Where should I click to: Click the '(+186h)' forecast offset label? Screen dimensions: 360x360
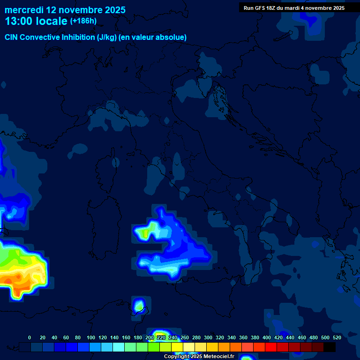[83, 21]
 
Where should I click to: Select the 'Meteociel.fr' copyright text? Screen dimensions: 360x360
[215, 357]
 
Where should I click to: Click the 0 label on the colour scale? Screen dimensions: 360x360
[30, 337]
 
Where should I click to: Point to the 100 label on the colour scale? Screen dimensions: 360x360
[91, 337]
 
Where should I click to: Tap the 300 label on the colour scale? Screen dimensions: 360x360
[208, 337]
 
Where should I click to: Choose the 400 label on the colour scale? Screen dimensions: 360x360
[267, 337]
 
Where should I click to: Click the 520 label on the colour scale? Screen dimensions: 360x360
[337, 337]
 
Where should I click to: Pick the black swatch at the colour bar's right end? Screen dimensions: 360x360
[330, 347]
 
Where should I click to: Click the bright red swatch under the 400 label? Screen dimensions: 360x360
[271, 347]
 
